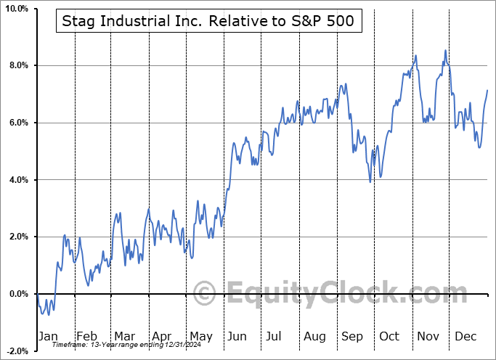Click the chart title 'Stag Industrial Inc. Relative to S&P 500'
tap(205, 21)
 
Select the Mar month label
tap(123, 336)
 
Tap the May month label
tap(200, 336)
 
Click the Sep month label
tap(352, 336)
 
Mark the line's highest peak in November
tap(445, 51)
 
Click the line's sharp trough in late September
tap(370, 181)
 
